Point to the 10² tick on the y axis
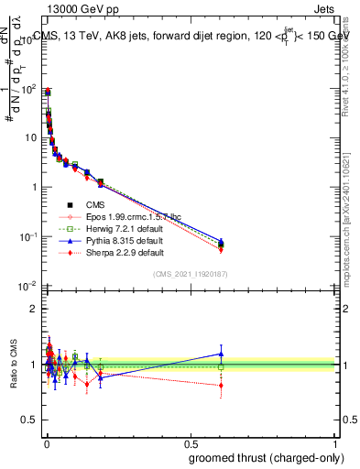click(28, 89)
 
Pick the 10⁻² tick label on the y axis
click(27, 286)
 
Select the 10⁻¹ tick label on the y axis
click(27, 236)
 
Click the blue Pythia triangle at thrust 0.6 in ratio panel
click(221, 354)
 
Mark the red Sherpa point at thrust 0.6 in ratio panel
click(221, 386)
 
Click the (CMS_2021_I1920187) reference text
click(190, 273)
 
